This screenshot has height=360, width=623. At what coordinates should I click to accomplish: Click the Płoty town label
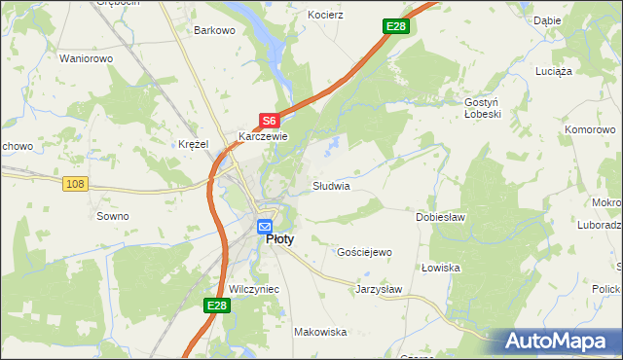tap(280, 239)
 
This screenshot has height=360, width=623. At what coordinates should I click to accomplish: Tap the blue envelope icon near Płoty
tap(265, 227)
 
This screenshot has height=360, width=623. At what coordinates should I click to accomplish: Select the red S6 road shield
tap(270, 121)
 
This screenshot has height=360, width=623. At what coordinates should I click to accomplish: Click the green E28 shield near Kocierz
tap(394, 26)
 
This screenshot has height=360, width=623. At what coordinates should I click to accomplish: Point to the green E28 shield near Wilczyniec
tap(217, 306)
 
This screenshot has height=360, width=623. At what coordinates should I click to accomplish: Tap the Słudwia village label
tap(331, 185)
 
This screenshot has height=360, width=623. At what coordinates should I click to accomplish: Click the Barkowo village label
tap(215, 30)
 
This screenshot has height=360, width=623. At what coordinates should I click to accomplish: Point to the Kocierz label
tap(326, 17)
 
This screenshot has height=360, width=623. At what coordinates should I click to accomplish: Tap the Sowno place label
tap(113, 216)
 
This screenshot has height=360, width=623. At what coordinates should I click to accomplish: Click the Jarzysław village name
tap(379, 289)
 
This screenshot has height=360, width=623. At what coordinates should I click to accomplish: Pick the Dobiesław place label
tap(439, 217)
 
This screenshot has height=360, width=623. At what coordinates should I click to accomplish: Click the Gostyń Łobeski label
tap(481, 109)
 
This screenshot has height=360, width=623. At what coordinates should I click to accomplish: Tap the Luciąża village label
tap(555, 71)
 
